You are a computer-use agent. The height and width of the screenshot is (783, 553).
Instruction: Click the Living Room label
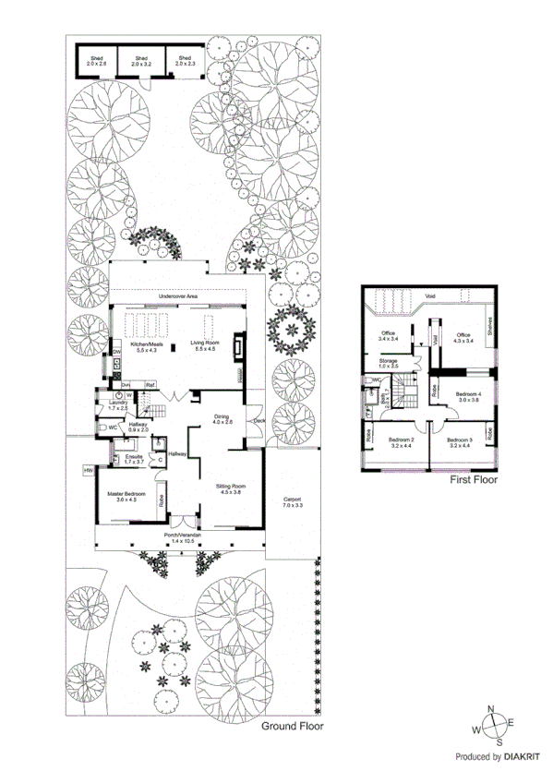click(x=203, y=344)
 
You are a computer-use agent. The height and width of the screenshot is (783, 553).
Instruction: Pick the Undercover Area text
click(x=178, y=295)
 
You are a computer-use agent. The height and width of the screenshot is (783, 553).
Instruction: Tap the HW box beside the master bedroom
click(x=89, y=471)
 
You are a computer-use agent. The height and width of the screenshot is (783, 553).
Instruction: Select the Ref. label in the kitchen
click(x=149, y=386)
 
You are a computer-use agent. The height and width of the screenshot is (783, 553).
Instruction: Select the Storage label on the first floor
click(x=387, y=361)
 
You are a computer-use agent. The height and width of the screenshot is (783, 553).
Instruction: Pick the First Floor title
click(x=474, y=481)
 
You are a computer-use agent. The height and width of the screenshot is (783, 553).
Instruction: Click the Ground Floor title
click(x=292, y=727)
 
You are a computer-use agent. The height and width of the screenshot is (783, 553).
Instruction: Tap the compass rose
click(x=493, y=726)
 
